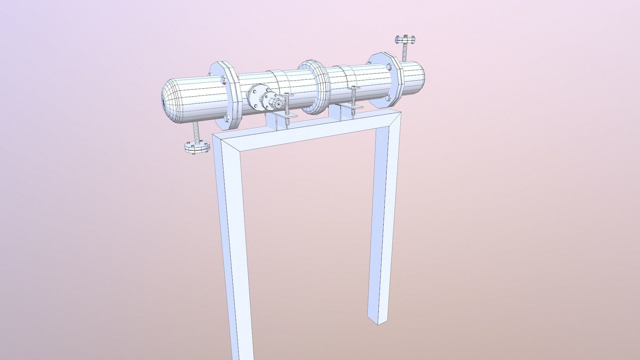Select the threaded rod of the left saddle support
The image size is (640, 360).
click(287, 110)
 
